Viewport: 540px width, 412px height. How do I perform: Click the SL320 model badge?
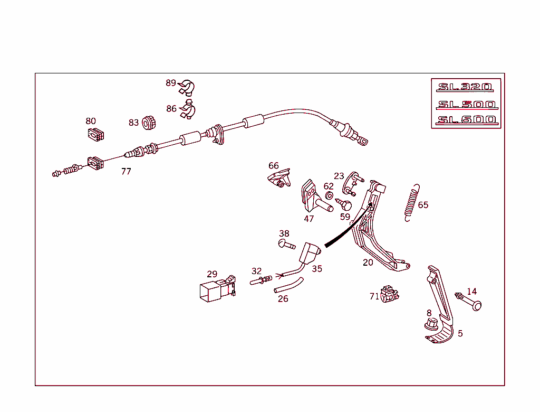coord(465,87)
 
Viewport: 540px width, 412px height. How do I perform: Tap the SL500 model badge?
coord(467,104)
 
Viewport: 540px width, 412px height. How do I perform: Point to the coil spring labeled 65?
coord(412,202)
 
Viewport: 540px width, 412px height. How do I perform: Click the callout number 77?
coord(126,172)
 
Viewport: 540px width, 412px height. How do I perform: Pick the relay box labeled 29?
coord(218,288)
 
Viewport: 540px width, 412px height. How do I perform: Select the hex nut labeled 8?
coord(431,324)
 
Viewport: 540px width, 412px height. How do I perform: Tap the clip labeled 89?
coord(187,88)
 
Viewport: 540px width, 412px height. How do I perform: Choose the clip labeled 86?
coord(188,109)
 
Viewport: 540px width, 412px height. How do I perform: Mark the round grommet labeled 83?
coord(149,123)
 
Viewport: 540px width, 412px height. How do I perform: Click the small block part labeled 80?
coord(96,135)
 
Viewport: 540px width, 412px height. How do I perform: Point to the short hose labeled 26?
coord(288,285)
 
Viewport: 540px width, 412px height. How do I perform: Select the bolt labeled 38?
coord(286,244)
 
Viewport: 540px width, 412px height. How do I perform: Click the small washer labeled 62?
coord(329,195)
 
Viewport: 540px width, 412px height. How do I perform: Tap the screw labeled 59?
coord(344,204)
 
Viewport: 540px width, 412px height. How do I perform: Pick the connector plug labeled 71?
coord(390,294)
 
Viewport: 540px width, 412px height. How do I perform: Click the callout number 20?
coord(368,263)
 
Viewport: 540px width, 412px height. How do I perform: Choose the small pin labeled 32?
coord(261,280)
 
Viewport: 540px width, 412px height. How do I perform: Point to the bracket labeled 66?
coord(279,178)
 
